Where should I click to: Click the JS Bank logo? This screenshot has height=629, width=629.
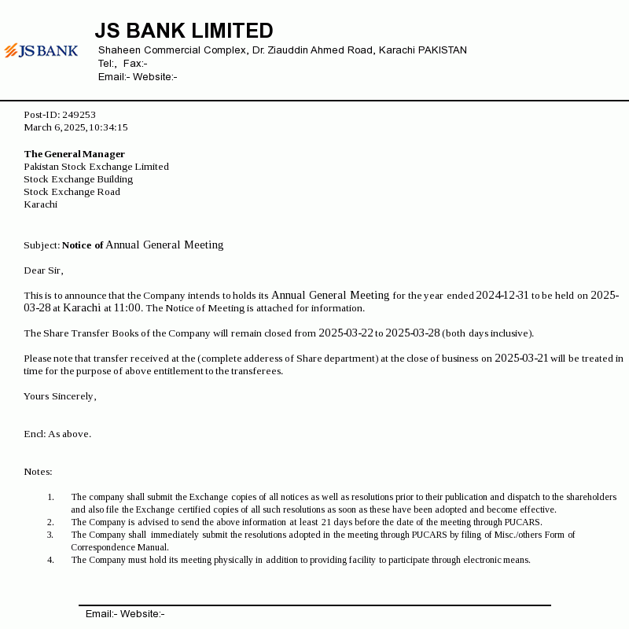pyautogui.click(x=41, y=51)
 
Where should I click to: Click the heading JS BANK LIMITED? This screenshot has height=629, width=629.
pyautogui.click(x=184, y=31)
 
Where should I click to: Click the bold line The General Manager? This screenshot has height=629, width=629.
pyautogui.click(x=74, y=154)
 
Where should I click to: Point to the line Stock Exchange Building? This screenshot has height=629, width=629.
pyautogui.click(x=78, y=179)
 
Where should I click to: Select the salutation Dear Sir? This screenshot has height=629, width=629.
pyautogui.click(x=42, y=270)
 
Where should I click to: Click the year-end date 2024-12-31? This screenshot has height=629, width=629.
pyautogui.click(x=502, y=296)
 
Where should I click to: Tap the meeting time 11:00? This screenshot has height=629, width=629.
pyautogui.click(x=127, y=308)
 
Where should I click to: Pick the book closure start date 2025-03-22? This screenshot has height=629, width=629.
pyautogui.click(x=345, y=333)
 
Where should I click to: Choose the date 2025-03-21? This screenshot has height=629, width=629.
pyautogui.click(x=521, y=359)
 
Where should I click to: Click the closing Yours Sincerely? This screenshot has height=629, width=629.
pyautogui.click(x=59, y=396)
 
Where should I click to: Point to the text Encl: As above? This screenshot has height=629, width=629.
pyautogui.click(x=57, y=434)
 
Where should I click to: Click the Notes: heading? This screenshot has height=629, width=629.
pyautogui.click(x=38, y=472)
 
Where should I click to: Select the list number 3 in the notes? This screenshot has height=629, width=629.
pyautogui.click(x=50, y=535)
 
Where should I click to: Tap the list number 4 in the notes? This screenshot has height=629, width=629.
pyautogui.click(x=50, y=560)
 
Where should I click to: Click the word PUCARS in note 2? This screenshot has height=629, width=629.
pyautogui.click(x=523, y=522)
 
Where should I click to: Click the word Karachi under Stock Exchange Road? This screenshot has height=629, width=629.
pyautogui.click(x=40, y=204)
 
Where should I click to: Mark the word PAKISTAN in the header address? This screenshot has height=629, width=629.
pyautogui.click(x=442, y=50)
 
